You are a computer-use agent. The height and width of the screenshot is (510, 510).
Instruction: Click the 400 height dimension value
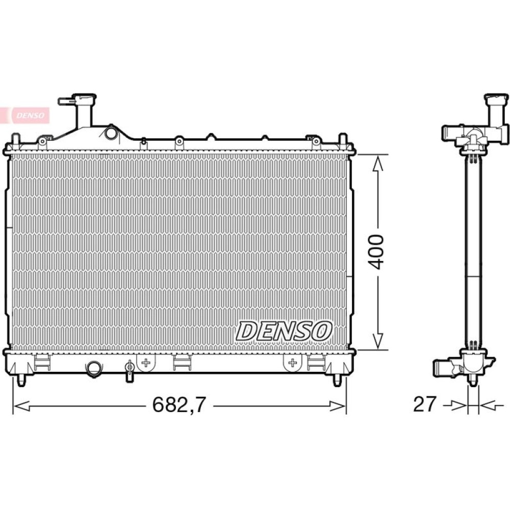click(377, 252)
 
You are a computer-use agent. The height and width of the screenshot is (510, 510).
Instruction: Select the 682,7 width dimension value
click(179, 405)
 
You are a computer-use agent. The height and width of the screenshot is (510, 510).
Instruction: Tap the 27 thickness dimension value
click(424, 404)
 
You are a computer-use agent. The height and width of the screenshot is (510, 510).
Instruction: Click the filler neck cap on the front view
click(84, 98)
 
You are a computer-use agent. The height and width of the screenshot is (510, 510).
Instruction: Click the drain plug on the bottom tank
click(130, 370)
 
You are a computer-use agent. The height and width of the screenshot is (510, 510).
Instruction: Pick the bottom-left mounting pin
click(21, 380)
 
